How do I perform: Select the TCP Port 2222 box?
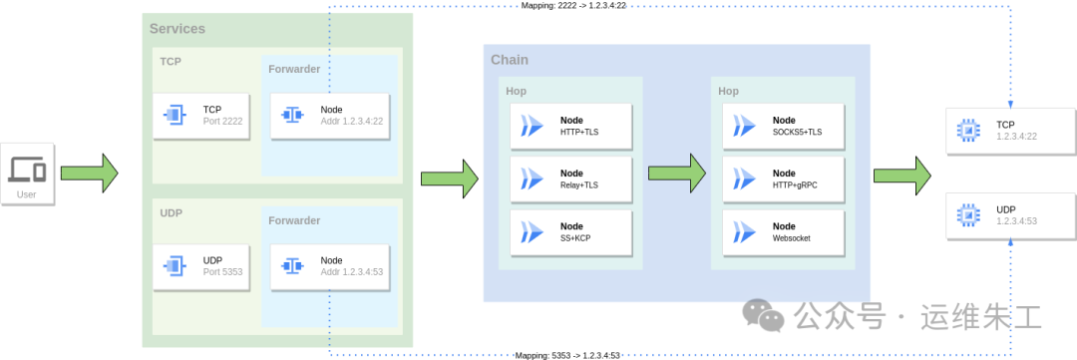click(x=201, y=116)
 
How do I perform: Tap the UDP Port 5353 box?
click(x=201, y=266)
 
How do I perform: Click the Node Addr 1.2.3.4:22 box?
click(x=330, y=116)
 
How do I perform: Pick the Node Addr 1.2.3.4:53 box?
click(x=330, y=266)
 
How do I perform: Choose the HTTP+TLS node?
click(x=570, y=127)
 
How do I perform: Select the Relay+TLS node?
click(x=570, y=180)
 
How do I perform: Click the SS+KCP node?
click(x=570, y=232)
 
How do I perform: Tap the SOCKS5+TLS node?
click(x=783, y=127)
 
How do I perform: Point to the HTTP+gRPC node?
click(x=783, y=180)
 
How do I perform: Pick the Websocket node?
click(x=783, y=232)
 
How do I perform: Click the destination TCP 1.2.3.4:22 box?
click(x=1010, y=131)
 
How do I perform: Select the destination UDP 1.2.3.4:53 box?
click(x=1010, y=215)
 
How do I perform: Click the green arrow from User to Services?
click(x=90, y=174)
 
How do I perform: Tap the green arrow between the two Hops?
click(x=677, y=174)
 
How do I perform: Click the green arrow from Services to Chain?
click(x=450, y=179)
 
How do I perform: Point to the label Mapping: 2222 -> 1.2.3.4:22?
click(x=573, y=6)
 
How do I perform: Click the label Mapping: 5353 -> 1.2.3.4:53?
click(x=568, y=355)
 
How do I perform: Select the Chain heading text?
click(x=510, y=60)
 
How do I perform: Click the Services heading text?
click(x=178, y=29)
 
